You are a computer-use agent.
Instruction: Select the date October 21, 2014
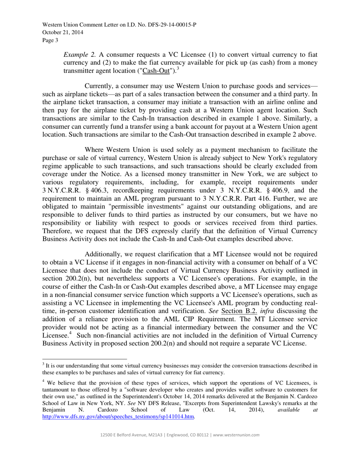[x=63, y=32]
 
